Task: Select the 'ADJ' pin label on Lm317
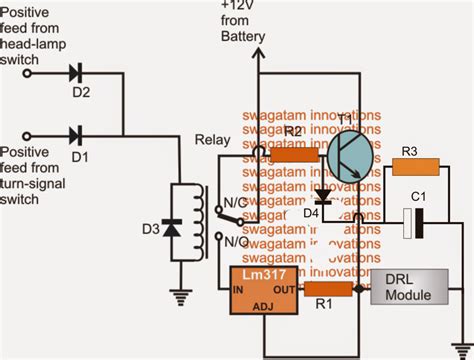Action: [x=263, y=306]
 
